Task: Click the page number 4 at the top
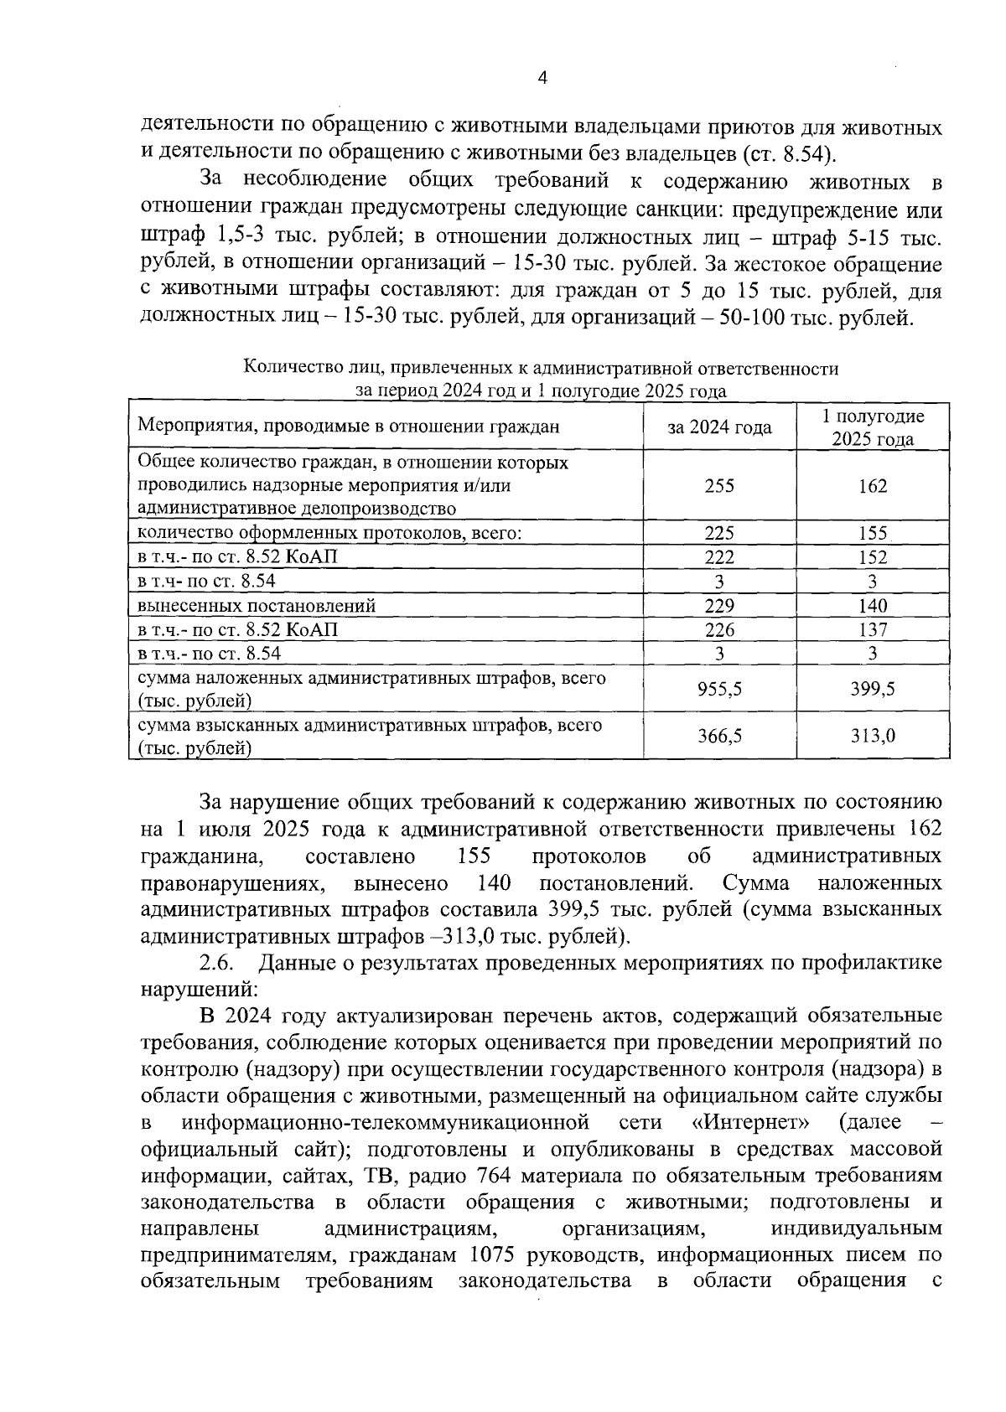[x=542, y=78]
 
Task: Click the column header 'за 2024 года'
[x=719, y=427]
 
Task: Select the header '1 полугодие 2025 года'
[x=873, y=427]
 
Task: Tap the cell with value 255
[x=719, y=485]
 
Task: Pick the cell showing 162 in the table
[x=873, y=485]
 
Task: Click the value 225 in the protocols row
[x=719, y=533]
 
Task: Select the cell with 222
[x=719, y=557]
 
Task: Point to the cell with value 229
[x=719, y=605]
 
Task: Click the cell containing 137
[x=873, y=629]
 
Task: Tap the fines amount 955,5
[x=719, y=689]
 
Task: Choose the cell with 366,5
[x=719, y=736]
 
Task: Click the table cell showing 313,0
[x=873, y=736]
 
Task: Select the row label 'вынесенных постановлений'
[x=257, y=605]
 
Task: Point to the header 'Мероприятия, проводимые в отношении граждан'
[x=348, y=427]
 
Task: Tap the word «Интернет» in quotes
[x=752, y=1122]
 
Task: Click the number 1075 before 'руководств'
[x=499, y=1255]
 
